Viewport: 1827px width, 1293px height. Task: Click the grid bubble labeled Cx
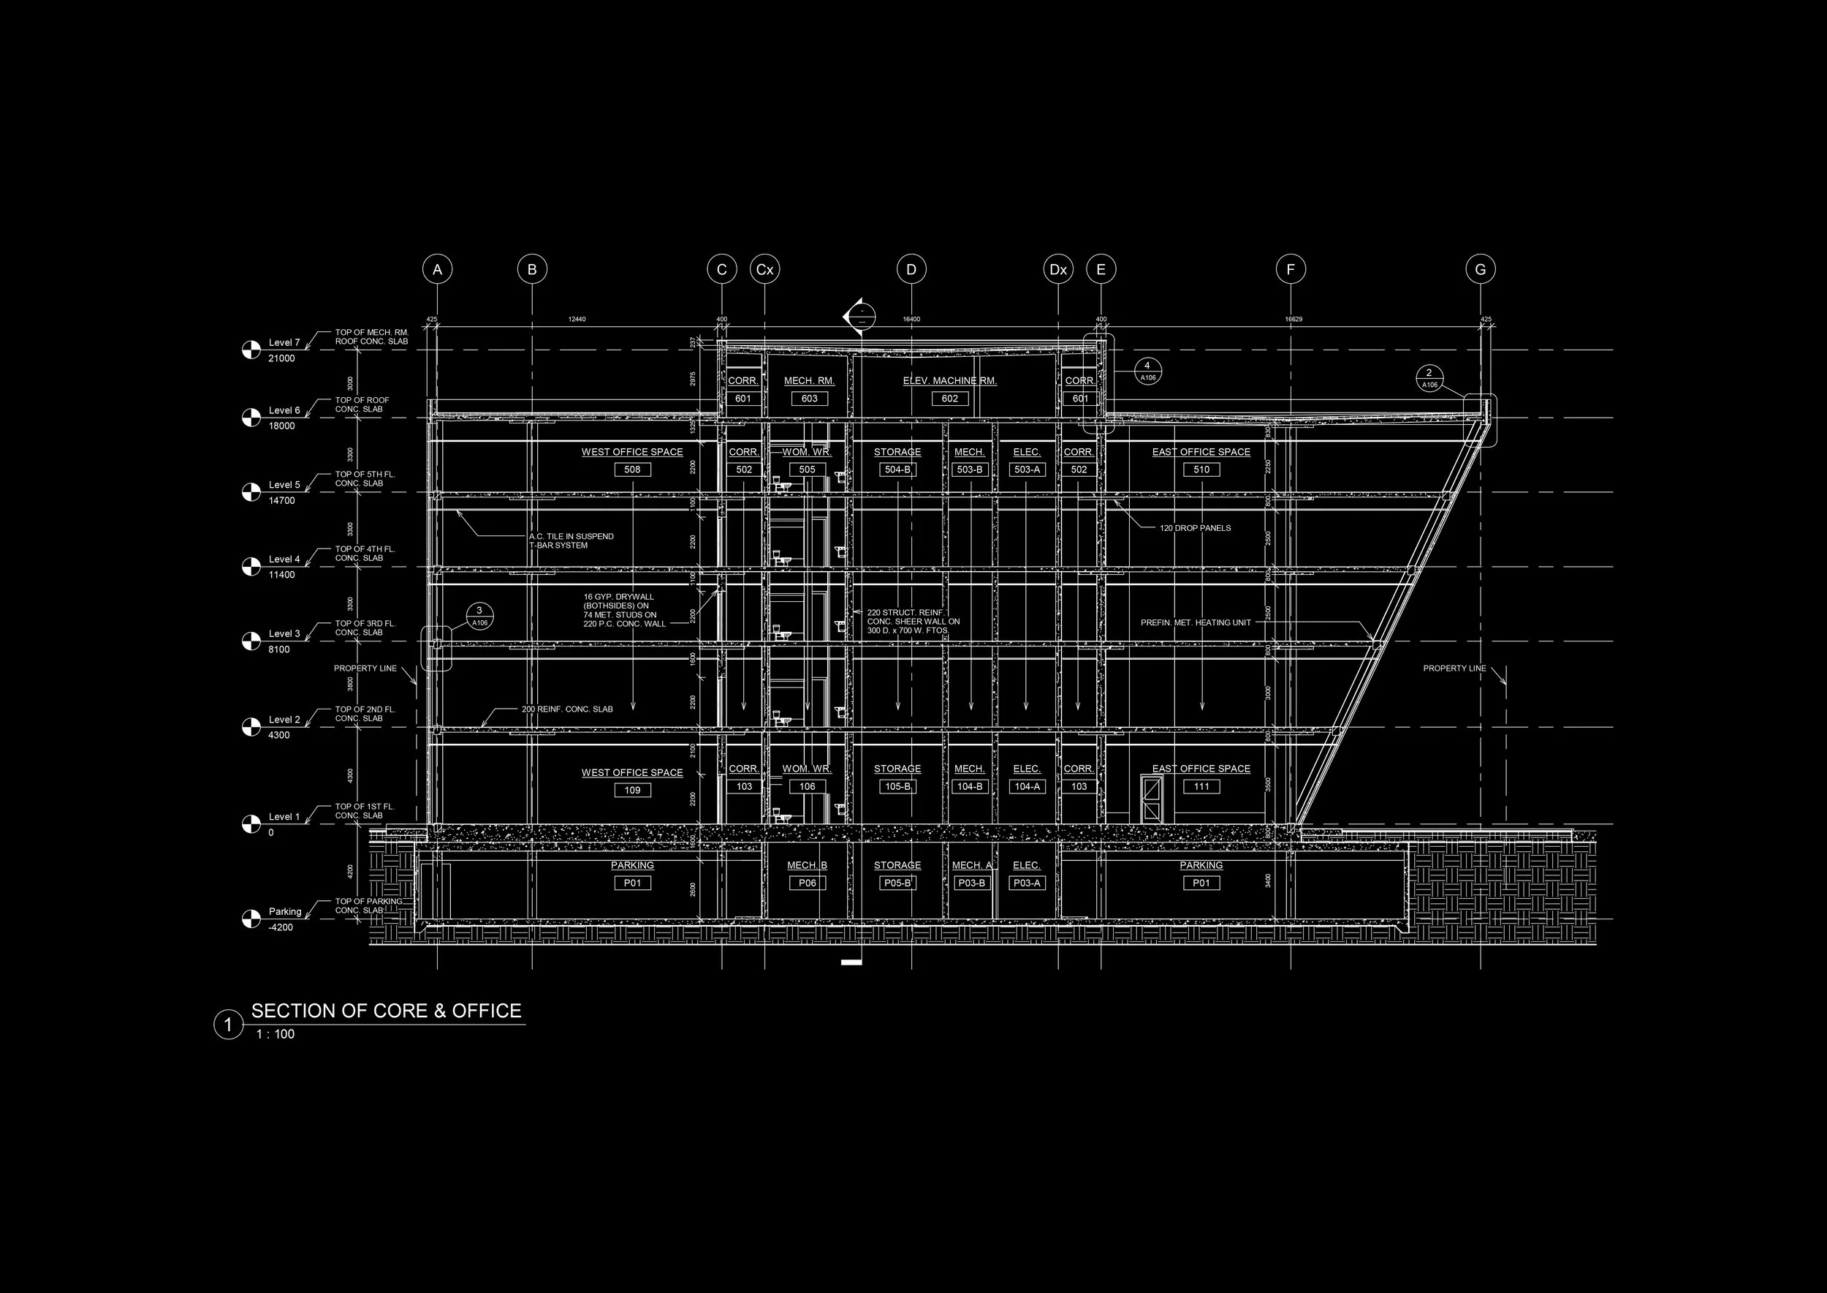[764, 270]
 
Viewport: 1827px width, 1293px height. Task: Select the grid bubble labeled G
[1480, 270]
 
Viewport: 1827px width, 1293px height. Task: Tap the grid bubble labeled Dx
[1058, 270]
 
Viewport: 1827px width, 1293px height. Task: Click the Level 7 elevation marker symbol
[251, 350]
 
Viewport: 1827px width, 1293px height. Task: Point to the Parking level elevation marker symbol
[251, 919]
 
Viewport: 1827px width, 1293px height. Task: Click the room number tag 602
[950, 399]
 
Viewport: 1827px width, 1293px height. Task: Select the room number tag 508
[633, 470]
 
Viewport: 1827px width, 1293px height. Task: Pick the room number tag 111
[1201, 787]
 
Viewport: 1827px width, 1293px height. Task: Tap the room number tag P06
[808, 883]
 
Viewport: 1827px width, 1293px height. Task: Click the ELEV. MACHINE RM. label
[950, 381]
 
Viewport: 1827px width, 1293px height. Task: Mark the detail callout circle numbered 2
[1429, 378]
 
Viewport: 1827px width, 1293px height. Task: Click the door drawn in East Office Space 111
[1152, 799]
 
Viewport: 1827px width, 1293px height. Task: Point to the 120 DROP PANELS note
[1195, 528]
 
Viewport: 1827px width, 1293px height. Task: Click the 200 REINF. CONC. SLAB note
[567, 709]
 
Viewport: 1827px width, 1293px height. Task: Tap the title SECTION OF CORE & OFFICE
[387, 1011]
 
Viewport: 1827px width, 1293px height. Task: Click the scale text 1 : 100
[276, 1034]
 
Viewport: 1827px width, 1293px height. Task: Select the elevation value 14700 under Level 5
[281, 501]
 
